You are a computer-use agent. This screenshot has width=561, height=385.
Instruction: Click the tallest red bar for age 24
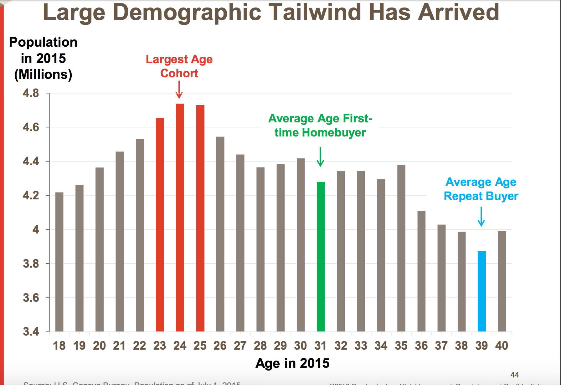click(180, 217)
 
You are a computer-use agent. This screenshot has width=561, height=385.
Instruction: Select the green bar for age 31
click(321, 256)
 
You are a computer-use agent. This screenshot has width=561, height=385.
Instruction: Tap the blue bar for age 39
click(481, 291)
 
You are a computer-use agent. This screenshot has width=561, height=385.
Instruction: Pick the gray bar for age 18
click(59, 262)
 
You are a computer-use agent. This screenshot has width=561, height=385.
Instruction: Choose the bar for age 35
click(401, 248)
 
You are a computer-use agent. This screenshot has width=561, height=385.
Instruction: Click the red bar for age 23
click(160, 225)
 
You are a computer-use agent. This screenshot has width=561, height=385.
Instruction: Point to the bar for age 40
click(502, 281)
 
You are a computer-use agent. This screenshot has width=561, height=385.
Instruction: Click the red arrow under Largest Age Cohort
click(179, 90)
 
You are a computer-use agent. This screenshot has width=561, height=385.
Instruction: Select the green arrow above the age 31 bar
click(320, 157)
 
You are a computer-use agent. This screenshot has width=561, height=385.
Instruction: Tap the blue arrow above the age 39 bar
click(481, 217)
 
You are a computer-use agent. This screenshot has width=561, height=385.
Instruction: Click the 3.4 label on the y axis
click(31, 331)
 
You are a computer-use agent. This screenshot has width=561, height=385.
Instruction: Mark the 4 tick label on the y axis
click(36, 229)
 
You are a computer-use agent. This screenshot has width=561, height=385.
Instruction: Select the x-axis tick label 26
click(220, 346)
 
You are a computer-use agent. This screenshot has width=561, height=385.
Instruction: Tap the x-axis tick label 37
click(441, 346)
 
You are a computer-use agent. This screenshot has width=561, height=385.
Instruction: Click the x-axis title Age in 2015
click(292, 363)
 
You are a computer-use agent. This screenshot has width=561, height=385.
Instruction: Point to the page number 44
click(514, 375)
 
